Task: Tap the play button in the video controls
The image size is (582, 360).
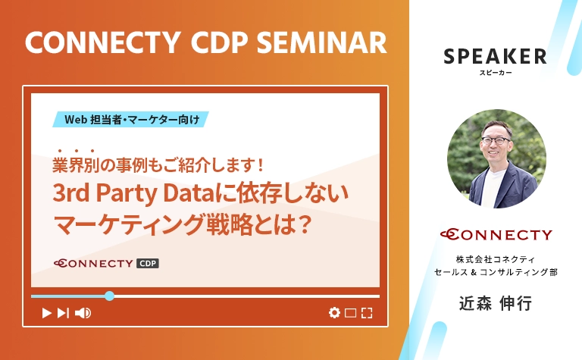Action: [x=46, y=312]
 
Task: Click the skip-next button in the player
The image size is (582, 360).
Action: [x=64, y=312]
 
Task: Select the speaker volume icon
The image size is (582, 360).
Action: [x=83, y=312]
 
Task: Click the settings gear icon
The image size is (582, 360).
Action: [x=333, y=312]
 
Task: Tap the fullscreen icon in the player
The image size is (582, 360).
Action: [x=367, y=312]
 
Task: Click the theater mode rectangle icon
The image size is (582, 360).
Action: [x=350, y=312]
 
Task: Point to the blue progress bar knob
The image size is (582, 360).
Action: [x=110, y=296]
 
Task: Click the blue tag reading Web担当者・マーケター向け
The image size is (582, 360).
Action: [x=131, y=119]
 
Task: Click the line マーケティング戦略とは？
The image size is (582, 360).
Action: [x=182, y=225]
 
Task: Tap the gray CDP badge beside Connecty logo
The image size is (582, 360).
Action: [x=147, y=264]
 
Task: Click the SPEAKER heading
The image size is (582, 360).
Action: [x=495, y=56]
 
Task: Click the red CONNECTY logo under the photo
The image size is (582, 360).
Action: [x=496, y=235]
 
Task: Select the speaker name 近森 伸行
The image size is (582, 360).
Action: [x=496, y=303]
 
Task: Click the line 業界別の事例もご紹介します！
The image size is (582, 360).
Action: [x=158, y=164]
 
